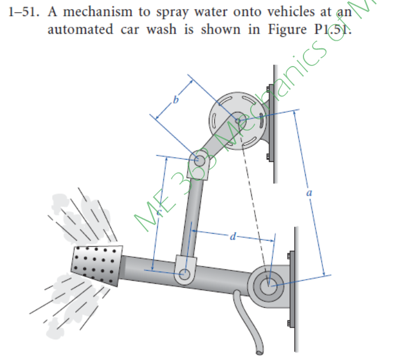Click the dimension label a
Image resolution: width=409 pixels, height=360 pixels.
[309, 194]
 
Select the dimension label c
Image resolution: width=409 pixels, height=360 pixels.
[159, 212]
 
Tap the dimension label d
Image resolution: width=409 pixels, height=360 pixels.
[232, 236]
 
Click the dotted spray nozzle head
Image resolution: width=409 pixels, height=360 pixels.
[97, 265]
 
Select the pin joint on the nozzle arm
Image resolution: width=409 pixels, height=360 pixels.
[184, 276]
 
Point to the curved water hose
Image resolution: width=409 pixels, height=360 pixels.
[246, 322]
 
